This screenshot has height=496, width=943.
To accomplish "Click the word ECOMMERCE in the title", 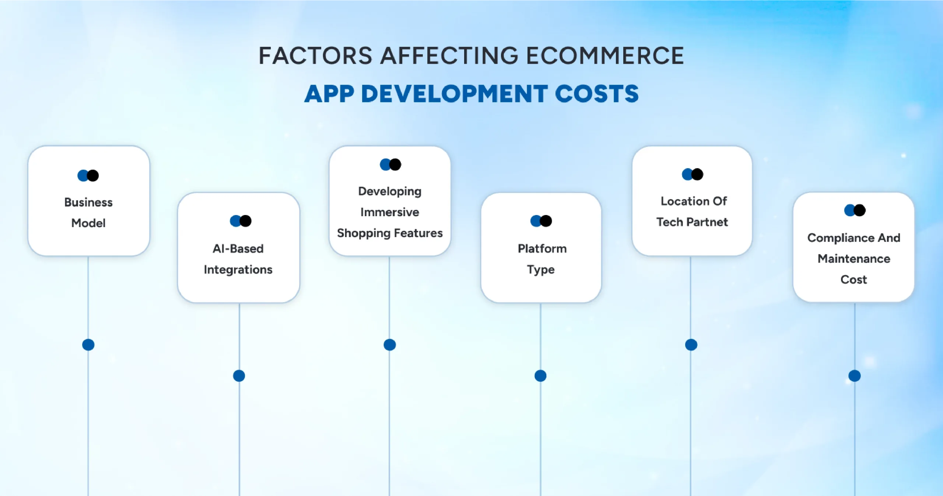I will pyautogui.click(x=605, y=56).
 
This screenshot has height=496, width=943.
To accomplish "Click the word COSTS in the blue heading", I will pyautogui.click(x=596, y=94).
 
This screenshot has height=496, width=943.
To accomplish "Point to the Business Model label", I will pyautogui.click(x=88, y=212).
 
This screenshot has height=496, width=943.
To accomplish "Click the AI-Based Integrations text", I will pyautogui.click(x=238, y=259).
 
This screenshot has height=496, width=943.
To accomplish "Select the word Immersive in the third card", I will pyautogui.click(x=389, y=212).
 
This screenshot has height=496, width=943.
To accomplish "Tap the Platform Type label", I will pyautogui.click(x=541, y=259).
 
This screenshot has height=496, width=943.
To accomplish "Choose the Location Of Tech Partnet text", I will pyautogui.click(x=693, y=211).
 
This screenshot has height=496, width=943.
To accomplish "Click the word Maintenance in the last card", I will pyautogui.click(x=854, y=258).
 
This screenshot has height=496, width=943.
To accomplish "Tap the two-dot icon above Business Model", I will pyautogui.click(x=88, y=176).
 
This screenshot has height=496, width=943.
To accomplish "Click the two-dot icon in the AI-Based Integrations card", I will pyautogui.click(x=241, y=221).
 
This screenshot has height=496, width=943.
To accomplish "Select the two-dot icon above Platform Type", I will pyautogui.click(x=541, y=221).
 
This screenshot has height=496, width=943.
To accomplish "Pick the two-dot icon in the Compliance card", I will pyautogui.click(x=855, y=210).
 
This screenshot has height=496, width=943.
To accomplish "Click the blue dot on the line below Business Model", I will pyautogui.click(x=88, y=345).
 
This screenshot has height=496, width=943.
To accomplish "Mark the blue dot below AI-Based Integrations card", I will pyautogui.click(x=239, y=376).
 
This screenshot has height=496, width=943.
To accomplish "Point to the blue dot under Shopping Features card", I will pyautogui.click(x=390, y=345).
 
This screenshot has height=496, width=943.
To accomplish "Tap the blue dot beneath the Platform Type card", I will pyautogui.click(x=540, y=376).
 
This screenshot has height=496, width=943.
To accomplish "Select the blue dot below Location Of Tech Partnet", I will pyautogui.click(x=691, y=345).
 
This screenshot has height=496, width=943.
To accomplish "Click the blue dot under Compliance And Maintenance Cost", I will pyautogui.click(x=855, y=376).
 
